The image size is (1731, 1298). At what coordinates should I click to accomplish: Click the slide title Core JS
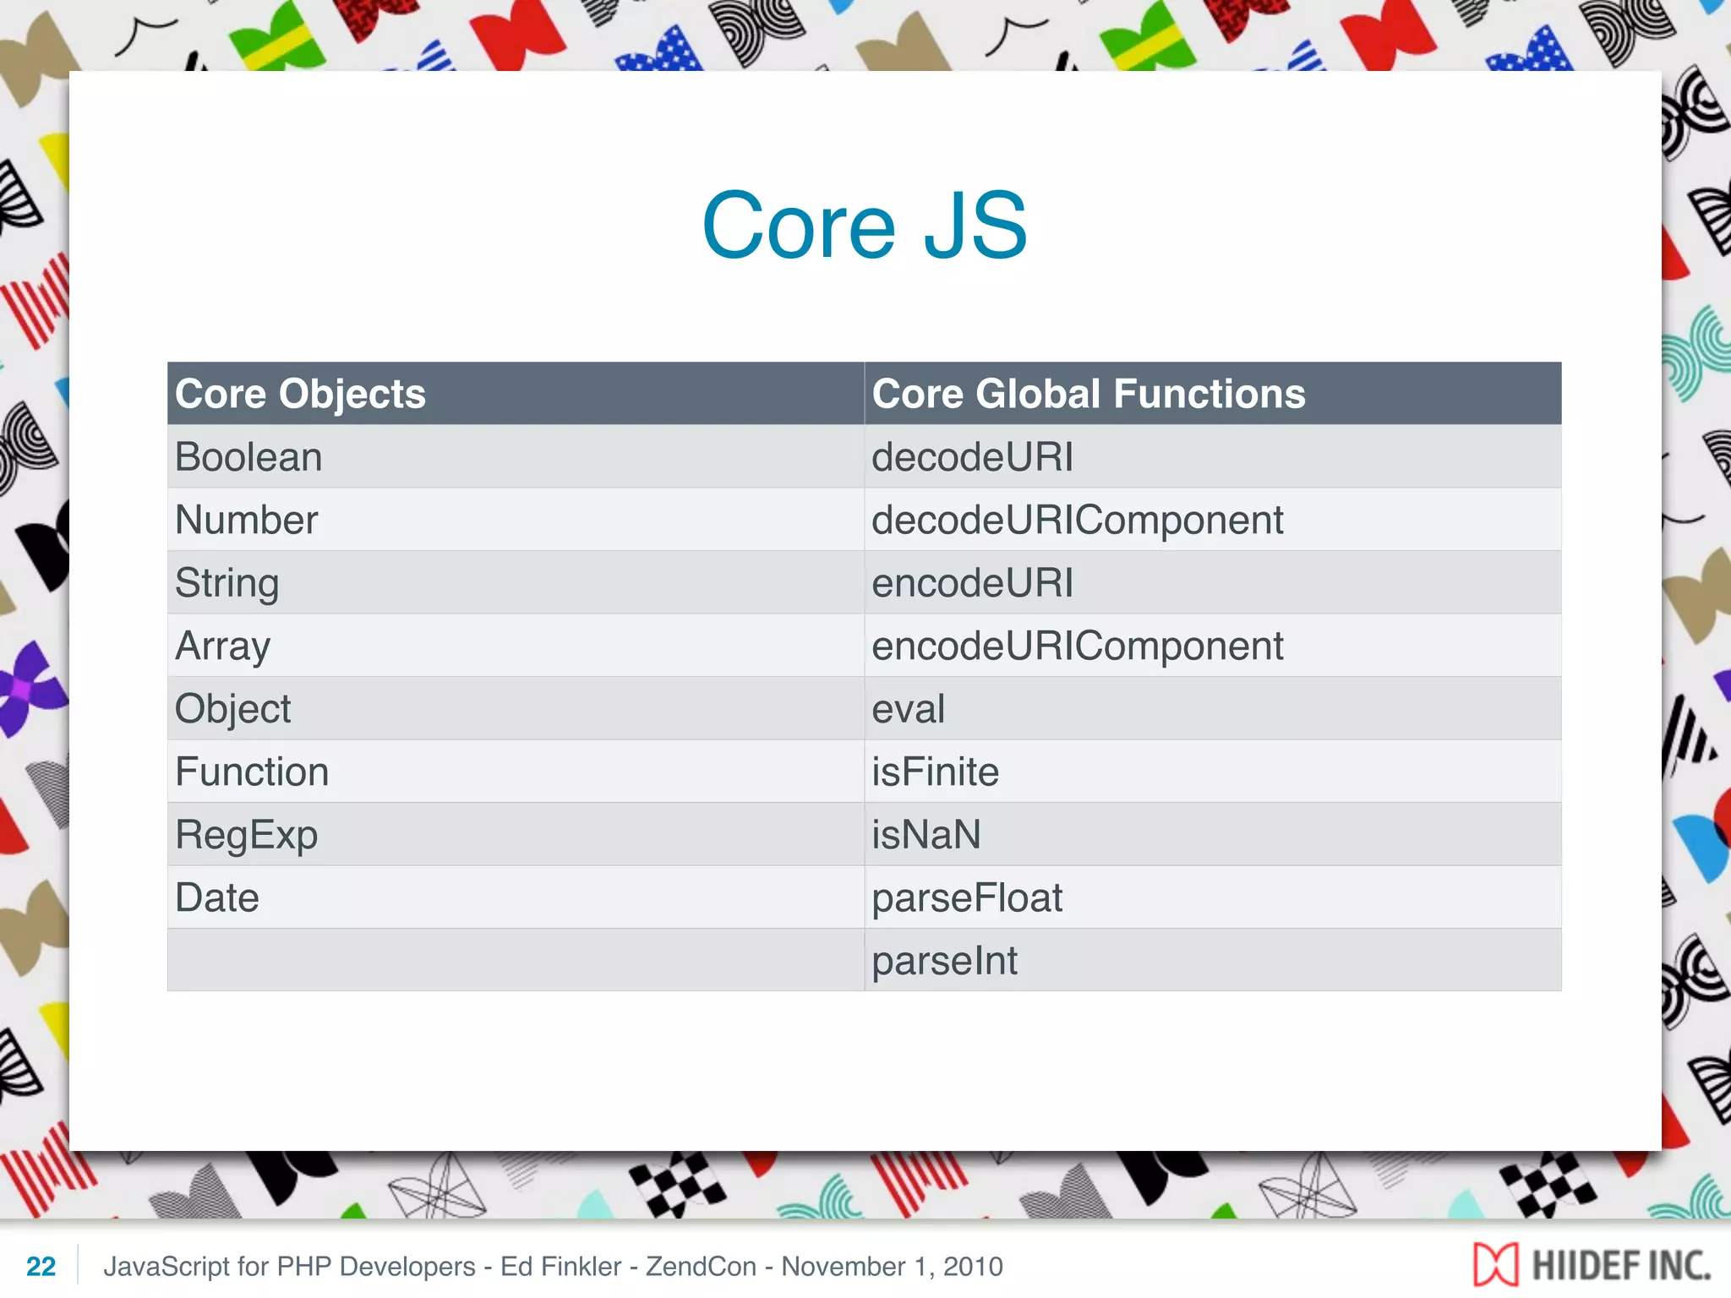coord(865,226)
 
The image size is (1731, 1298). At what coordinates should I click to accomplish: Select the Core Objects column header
coord(300,394)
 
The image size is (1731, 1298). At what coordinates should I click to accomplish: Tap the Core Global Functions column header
coord(1088,394)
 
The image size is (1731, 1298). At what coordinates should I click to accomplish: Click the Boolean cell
coord(248,457)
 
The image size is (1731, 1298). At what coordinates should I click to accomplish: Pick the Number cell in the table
coord(246,520)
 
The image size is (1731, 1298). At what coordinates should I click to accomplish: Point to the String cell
coord(227,583)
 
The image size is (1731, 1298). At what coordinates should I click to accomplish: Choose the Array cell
coord(222,646)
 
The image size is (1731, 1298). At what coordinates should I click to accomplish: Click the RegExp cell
coord(246,835)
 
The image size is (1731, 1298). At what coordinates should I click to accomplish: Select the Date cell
coord(216,897)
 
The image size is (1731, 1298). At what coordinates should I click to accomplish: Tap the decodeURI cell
coord(972,457)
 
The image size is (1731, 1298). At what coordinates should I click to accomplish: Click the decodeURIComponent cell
coord(1077,520)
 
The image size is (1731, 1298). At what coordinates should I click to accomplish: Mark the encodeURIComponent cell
coord(1077,646)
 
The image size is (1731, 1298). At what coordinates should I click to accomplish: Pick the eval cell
coord(908,709)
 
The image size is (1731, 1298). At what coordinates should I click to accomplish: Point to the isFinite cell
coord(935,772)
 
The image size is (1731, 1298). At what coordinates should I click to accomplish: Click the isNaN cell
coord(926,835)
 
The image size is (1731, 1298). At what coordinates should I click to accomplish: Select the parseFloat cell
coord(967,897)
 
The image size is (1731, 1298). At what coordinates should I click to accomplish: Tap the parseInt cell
coord(944,961)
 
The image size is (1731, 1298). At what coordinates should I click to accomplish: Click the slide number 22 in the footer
coord(41,1266)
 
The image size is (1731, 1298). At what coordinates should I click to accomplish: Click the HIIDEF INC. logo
coord(1592,1265)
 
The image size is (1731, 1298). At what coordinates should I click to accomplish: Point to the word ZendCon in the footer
coord(701,1266)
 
